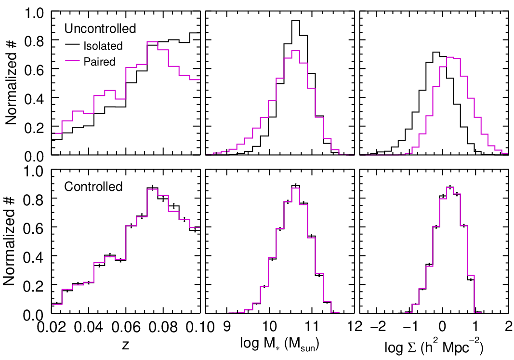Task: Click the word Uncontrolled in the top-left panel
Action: coord(100,29)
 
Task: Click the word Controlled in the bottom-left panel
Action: coord(93,187)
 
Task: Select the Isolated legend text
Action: coord(103,46)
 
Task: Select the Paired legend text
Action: coord(100,62)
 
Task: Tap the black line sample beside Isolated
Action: coord(72,46)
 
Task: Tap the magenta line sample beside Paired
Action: coord(72,62)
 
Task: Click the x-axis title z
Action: coord(126,345)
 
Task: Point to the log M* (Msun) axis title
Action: coord(279,344)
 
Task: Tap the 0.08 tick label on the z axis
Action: coord(163,327)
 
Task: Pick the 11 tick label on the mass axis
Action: coord(312,327)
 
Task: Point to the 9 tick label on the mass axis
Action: coord(227,327)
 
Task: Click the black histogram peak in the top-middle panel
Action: coord(296,20)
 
